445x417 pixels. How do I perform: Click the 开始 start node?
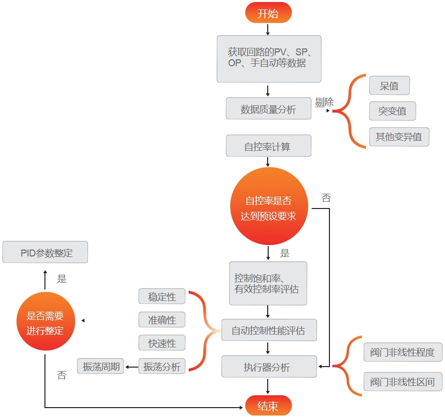click(x=268, y=13)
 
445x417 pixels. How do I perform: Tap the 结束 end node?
click(x=268, y=406)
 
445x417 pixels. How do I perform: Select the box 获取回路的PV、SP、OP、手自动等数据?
click(x=269, y=58)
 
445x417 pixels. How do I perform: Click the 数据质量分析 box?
click(x=269, y=109)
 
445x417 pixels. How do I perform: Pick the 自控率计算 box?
click(x=269, y=146)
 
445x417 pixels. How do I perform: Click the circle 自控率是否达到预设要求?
click(x=269, y=207)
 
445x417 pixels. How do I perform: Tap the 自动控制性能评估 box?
click(x=269, y=331)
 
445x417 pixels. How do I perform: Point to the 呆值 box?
click(x=389, y=85)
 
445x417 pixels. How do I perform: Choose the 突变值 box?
click(x=393, y=111)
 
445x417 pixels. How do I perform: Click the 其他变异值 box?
click(x=399, y=137)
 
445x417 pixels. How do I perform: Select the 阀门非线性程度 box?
click(x=403, y=352)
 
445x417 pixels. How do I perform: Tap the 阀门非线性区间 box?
click(x=403, y=382)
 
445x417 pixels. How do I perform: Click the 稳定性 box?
click(x=162, y=297)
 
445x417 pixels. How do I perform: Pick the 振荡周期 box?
click(x=101, y=367)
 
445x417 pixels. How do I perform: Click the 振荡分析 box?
click(x=162, y=367)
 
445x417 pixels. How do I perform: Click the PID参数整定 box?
click(x=45, y=252)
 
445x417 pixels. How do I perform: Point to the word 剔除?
click(x=324, y=102)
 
